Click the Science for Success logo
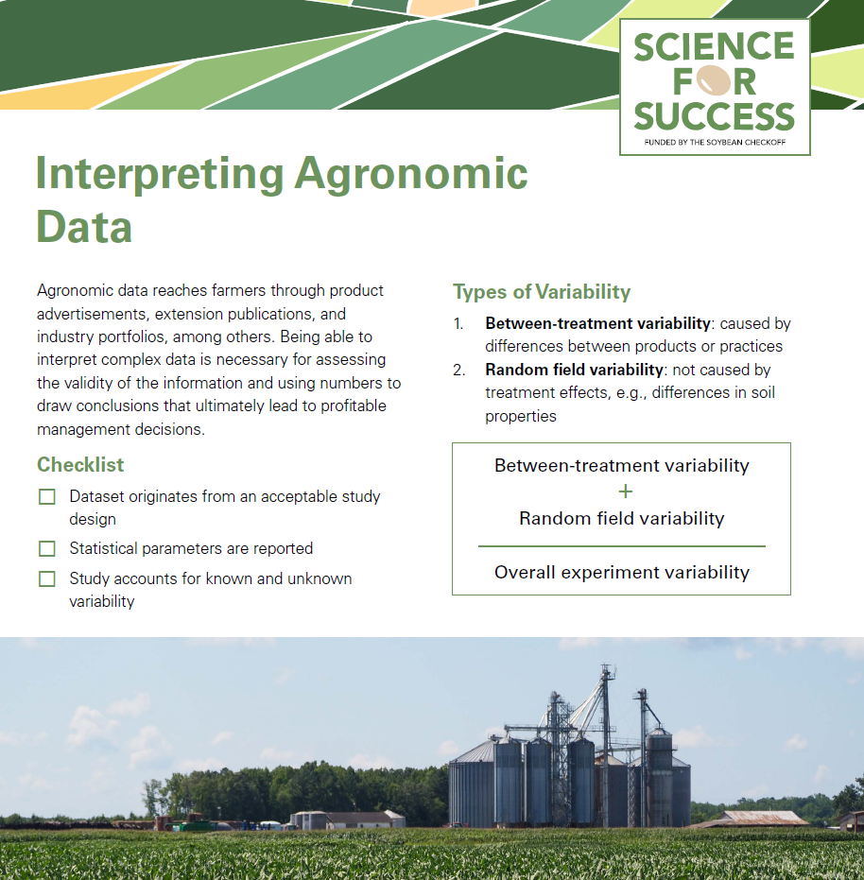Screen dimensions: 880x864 tap(714, 86)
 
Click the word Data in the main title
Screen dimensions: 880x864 tap(84, 227)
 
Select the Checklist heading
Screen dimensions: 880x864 tap(80, 465)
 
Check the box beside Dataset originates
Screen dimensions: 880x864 tap(47, 496)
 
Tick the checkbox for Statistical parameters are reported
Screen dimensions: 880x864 tap(47, 548)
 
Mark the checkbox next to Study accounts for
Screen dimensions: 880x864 tap(47, 578)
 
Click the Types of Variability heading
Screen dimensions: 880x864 tap(542, 291)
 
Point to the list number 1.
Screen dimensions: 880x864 tap(458, 323)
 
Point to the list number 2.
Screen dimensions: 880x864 tap(458, 370)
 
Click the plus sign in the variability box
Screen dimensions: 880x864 tap(622, 492)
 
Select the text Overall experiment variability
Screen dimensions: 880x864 tap(622, 572)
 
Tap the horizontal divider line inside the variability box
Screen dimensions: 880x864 tap(622, 546)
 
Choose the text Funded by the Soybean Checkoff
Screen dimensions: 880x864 tap(714, 142)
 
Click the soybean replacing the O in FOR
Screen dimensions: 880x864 tap(715, 80)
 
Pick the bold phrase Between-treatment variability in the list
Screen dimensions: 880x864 tap(597, 323)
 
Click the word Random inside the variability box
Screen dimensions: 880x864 tap(553, 518)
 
